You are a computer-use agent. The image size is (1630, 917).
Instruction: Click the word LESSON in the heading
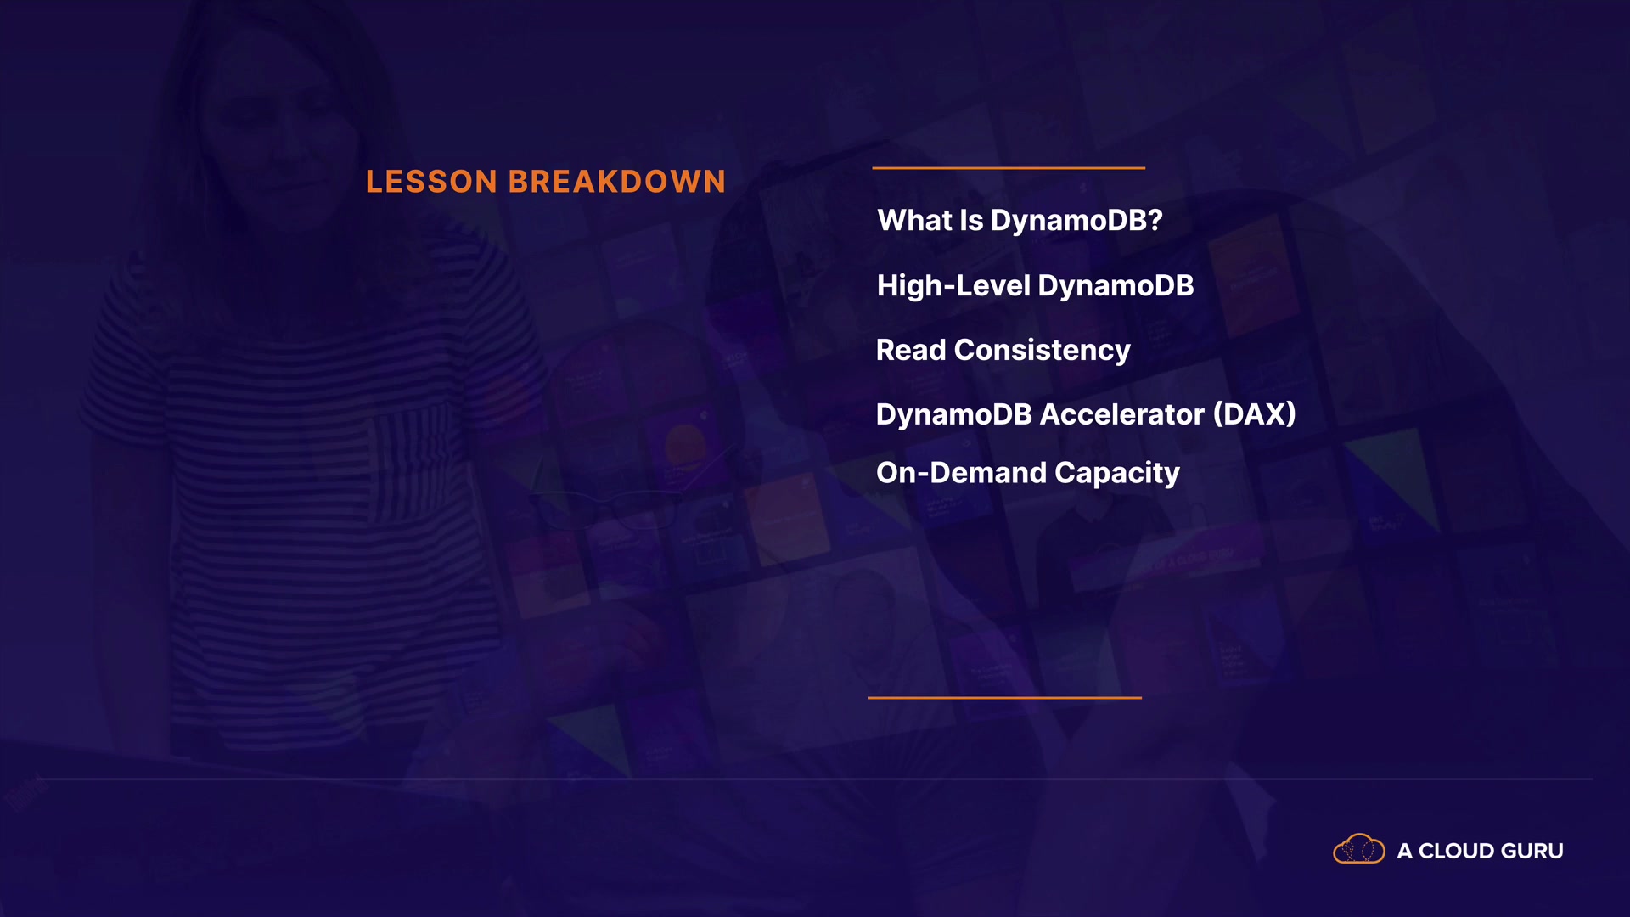tap(431, 182)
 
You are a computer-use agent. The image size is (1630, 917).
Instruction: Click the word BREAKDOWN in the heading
tap(617, 182)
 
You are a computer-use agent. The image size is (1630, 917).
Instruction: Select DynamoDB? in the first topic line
tap(1076, 221)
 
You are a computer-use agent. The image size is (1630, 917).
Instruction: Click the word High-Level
tap(953, 286)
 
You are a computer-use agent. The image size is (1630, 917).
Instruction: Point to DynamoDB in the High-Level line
tap(1116, 286)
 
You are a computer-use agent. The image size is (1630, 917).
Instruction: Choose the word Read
tap(911, 350)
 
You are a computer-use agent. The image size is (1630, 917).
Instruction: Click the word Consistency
tap(1043, 351)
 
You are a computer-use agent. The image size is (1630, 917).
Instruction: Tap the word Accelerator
tap(1122, 414)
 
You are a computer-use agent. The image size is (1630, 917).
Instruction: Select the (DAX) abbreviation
tap(1255, 414)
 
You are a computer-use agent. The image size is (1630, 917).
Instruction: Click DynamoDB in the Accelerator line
tap(954, 414)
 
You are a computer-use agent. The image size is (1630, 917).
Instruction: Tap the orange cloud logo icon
tap(1359, 849)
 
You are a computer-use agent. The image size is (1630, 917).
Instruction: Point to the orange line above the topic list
tap(1009, 168)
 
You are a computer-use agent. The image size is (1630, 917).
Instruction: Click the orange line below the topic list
tap(1005, 698)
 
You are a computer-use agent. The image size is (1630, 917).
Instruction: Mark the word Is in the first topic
tap(971, 221)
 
